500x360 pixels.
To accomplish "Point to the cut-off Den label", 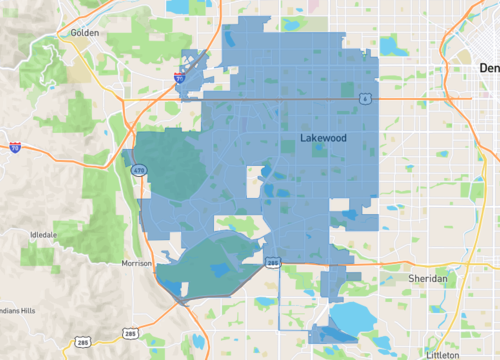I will (488, 68).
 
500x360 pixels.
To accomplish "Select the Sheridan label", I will (430, 278).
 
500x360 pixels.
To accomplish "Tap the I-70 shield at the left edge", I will (15, 147).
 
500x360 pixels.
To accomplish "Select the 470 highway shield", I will (136, 170).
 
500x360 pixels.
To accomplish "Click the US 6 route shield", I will (366, 98).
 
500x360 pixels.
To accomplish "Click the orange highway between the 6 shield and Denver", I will (420, 99).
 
